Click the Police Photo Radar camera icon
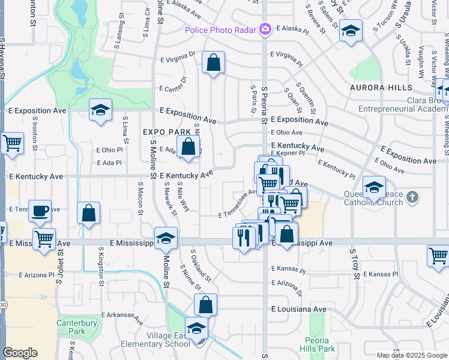tap(265, 28)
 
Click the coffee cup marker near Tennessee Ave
tap(40, 211)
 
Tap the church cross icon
tap(412, 197)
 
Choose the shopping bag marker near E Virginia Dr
tap(213, 62)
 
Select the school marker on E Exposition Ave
tap(101, 110)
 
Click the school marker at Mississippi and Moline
tap(166, 238)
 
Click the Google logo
tap(20, 353)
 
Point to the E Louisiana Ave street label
tap(298, 310)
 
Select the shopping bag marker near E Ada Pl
tap(188, 146)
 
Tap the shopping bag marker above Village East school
tap(205, 305)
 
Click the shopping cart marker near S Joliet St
tap(44, 239)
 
